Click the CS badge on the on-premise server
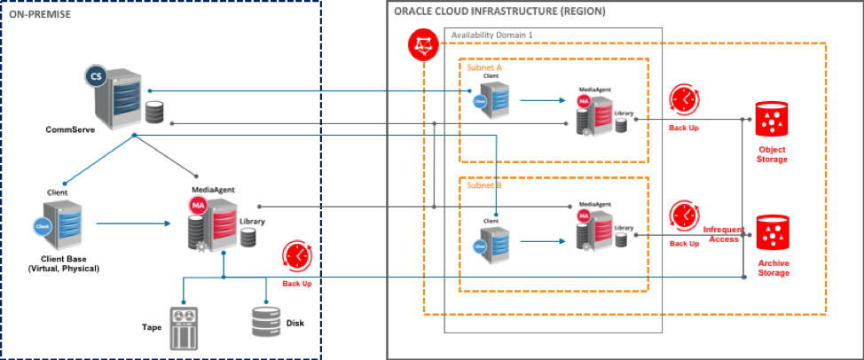click(96, 76)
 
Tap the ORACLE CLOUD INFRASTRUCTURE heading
click(499, 12)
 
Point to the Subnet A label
click(484, 67)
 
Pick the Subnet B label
click(484, 185)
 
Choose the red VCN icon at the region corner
click(424, 45)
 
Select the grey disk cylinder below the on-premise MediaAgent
click(265, 321)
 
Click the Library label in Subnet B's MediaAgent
click(624, 228)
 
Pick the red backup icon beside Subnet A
click(685, 99)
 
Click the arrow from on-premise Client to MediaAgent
click(133, 223)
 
